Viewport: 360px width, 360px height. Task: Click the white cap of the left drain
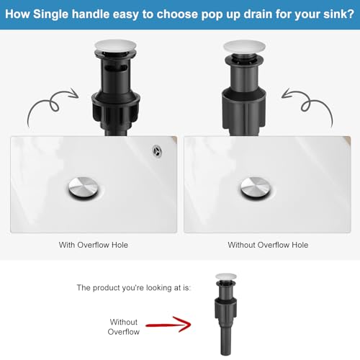tap(116, 46)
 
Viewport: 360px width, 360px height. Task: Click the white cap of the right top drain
tap(245, 47)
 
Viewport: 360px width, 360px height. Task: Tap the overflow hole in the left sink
tap(158, 151)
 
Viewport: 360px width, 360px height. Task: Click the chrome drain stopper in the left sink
tap(84, 189)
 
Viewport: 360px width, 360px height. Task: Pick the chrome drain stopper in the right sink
tap(256, 189)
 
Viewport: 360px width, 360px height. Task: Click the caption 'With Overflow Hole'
tap(94, 245)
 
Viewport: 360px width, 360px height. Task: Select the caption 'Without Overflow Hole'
tap(268, 245)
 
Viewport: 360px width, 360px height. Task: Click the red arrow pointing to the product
tap(168, 325)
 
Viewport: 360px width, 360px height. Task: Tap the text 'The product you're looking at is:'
tap(134, 287)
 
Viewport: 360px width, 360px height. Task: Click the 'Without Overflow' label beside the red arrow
tap(124, 327)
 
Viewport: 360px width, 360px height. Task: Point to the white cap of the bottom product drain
tap(225, 276)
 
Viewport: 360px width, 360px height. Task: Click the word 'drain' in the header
tap(257, 14)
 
